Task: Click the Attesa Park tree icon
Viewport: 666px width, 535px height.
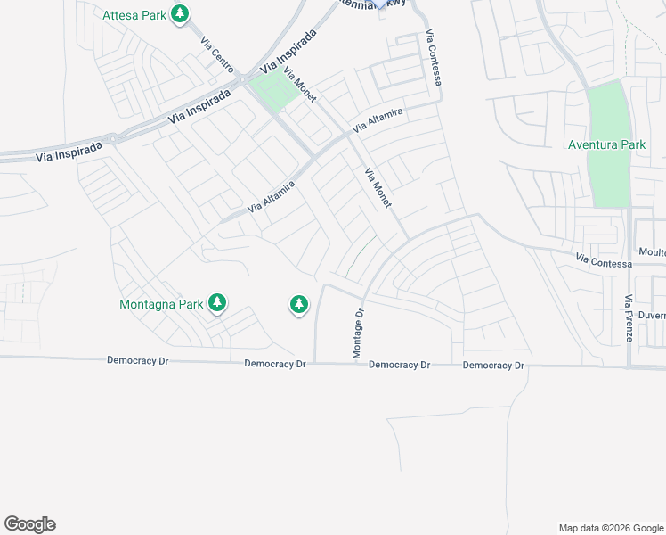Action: (x=181, y=14)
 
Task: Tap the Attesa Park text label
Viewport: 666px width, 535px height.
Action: (x=134, y=15)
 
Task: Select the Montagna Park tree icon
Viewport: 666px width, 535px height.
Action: (x=217, y=304)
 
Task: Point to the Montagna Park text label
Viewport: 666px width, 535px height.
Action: (x=162, y=304)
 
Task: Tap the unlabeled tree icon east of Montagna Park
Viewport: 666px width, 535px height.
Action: (x=298, y=305)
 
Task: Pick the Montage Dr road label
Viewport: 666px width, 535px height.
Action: (x=359, y=333)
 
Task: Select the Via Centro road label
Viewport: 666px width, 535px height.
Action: (x=217, y=55)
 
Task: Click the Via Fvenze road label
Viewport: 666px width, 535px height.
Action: (x=628, y=318)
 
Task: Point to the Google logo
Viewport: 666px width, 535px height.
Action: (x=29, y=524)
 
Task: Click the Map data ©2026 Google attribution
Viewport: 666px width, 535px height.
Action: (x=610, y=528)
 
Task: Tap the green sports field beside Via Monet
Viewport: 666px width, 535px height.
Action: (x=274, y=92)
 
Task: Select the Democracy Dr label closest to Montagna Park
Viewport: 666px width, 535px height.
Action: (x=137, y=361)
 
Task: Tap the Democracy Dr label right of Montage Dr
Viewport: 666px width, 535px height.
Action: (x=400, y=365)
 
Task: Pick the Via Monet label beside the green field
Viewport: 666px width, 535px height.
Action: (x=300, y=87)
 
